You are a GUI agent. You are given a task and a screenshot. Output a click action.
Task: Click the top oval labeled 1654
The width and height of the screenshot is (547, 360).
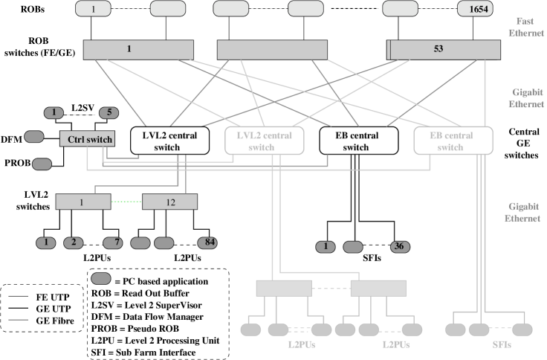(x=475, y=9)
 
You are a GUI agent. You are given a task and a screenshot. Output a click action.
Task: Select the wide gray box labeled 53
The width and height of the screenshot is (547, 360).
(x=444, y=49)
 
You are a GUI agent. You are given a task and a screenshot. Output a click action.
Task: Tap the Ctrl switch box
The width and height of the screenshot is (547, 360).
(x=87, y=139)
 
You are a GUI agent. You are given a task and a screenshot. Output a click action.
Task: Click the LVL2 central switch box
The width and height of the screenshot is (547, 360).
(x=264, y=141)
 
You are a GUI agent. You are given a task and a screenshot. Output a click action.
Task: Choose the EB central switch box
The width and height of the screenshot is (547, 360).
(x=453, y=141)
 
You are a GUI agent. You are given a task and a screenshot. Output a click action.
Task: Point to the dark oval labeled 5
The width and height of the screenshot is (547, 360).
(x=109, y=113)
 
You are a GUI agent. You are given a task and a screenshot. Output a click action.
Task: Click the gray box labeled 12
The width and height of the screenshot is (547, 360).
(x=169, y=202)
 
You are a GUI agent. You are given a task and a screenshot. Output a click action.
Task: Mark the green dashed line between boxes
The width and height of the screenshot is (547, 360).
(x=126, y=202)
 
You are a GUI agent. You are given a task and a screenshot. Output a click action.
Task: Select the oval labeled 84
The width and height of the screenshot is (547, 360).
(x=207, y=242)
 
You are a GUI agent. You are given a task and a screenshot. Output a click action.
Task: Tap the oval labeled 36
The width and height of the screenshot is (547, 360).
(x=401, y=247)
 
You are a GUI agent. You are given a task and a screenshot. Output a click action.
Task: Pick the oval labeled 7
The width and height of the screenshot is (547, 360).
(x=113, y=242)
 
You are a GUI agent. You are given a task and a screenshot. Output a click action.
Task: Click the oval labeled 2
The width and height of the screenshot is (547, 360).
(x=73, y=242)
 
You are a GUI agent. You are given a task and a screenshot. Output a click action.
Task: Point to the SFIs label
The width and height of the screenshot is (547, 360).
(x=502, y=345)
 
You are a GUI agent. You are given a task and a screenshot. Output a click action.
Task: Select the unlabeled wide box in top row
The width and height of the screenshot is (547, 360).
(x=272, y=49)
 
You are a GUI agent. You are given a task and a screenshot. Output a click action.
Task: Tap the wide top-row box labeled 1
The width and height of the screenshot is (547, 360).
(x=138, y=49)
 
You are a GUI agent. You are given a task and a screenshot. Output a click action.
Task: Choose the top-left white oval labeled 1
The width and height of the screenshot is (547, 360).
(x=93, y=9)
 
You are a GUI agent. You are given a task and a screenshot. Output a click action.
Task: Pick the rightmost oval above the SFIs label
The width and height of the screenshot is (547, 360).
(x=522, y=329)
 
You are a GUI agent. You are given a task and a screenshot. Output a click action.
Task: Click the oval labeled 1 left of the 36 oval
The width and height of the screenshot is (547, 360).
(x=325, y=247)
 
